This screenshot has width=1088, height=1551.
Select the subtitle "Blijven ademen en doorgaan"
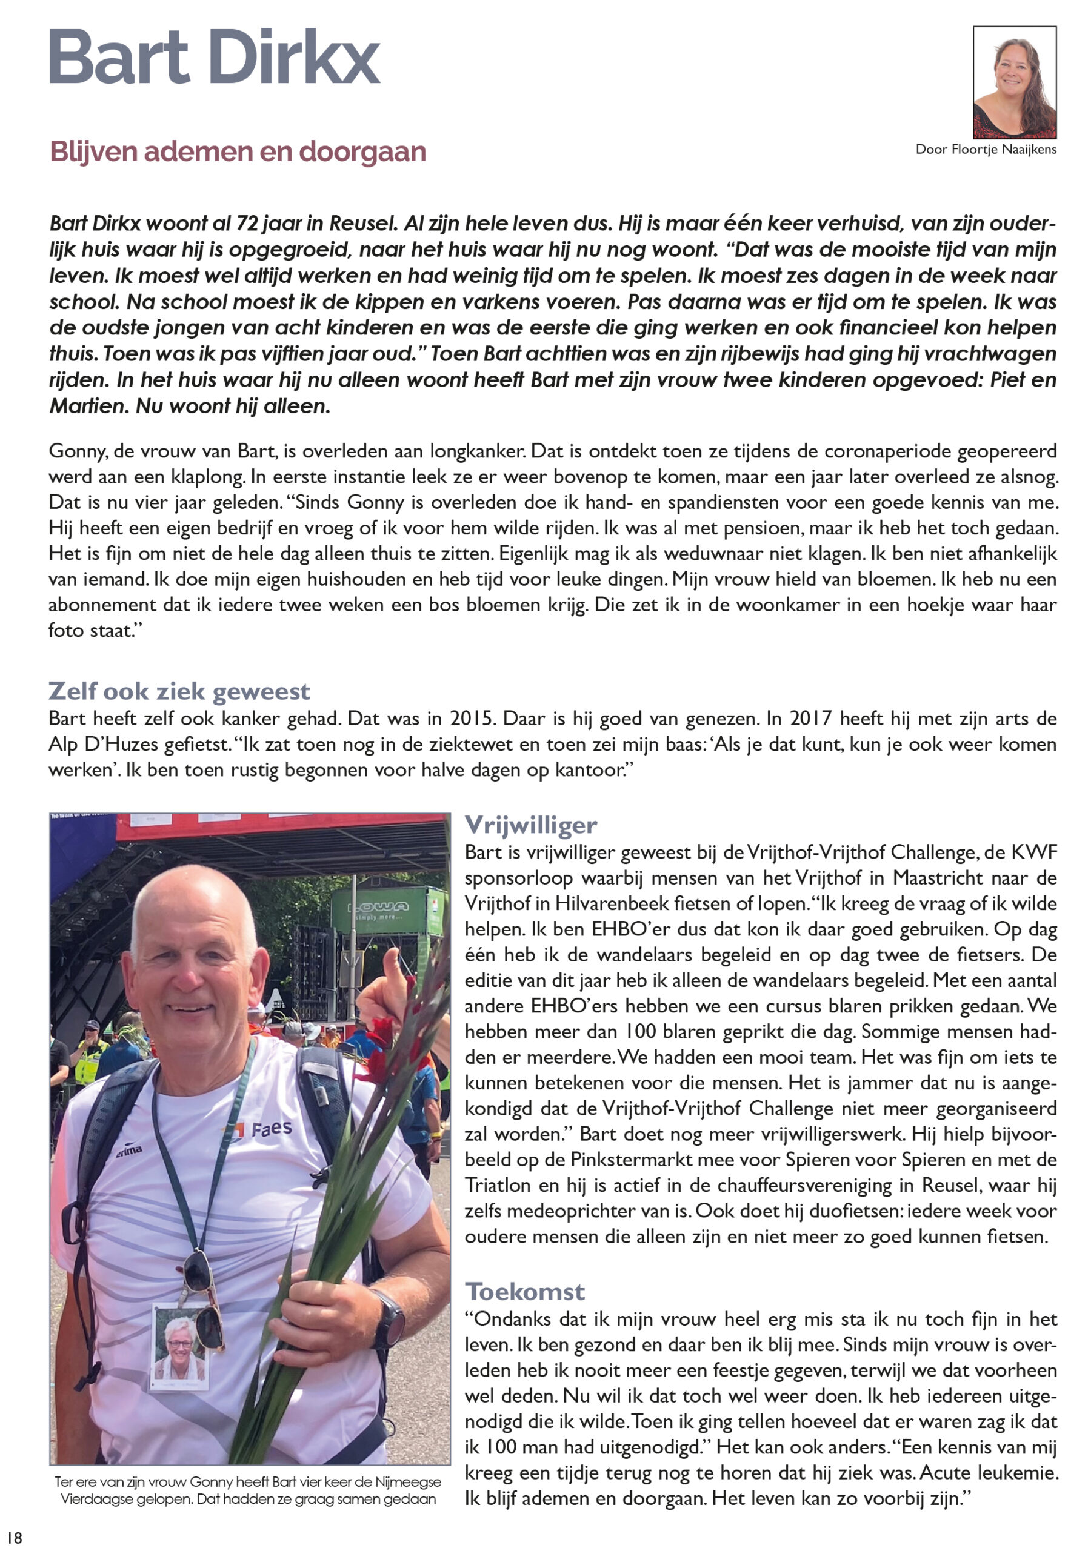pyautogui.click(x=238, y=152)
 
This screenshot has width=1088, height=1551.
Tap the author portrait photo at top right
pyautogui.click(x=1013, y=82)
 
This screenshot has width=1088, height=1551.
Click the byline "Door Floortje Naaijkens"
pyautogui.click(x=986, y=149)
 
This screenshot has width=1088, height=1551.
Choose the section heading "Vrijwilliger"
pyautogui.click(x=530, y=825)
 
